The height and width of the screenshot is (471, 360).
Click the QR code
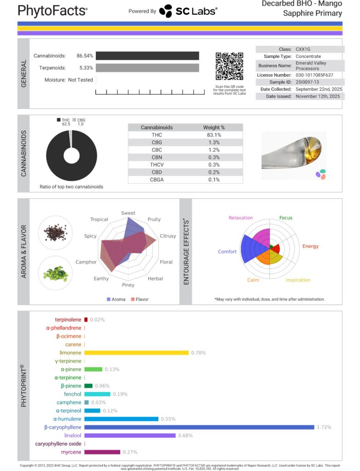(229, 67)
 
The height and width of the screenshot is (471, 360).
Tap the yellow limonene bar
(136, 353)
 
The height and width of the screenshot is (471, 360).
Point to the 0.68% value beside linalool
(185, 436)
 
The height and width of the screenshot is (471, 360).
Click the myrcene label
(72, 452)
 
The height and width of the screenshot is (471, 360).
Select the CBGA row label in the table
(157, 179)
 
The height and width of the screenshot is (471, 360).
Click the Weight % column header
(214, 127)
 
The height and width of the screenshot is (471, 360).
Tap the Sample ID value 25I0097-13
(309, 82)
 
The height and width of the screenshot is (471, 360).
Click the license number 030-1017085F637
(314, 75)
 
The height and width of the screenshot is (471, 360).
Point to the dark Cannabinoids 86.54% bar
(147, 56)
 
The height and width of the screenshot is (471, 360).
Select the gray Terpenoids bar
(147, 68)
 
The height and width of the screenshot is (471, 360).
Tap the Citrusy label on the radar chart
(168, 236)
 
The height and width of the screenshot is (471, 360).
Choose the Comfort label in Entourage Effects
(227, 252)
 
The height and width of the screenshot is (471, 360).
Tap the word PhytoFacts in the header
(52, 10)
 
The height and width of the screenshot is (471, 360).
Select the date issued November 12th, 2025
(318, 97)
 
